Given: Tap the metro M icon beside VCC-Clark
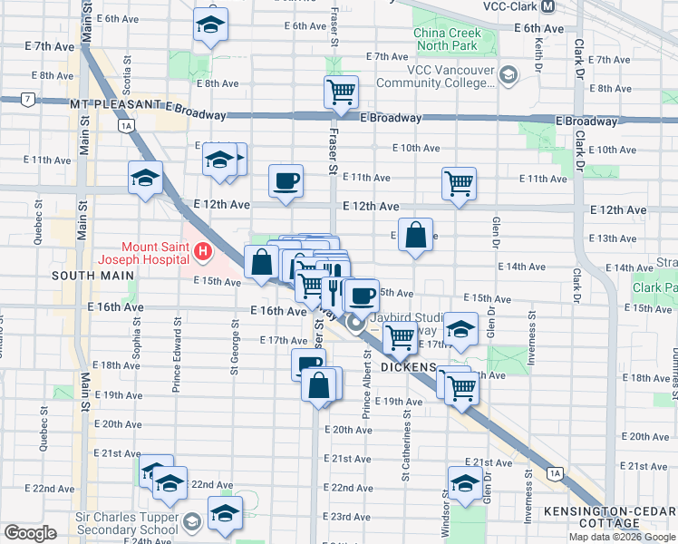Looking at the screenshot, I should point(547,6).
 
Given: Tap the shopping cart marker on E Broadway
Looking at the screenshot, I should point(341,92).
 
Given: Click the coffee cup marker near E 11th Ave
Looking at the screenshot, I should point(286,180).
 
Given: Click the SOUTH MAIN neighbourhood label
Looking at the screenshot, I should point(87,275).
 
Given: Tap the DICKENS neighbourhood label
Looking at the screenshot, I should point(409,367).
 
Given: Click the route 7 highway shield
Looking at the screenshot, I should point(30,98).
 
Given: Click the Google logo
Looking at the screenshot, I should point(30,533).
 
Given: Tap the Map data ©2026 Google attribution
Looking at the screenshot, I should point(622,537).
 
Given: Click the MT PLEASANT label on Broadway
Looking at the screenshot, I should point(112,105).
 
